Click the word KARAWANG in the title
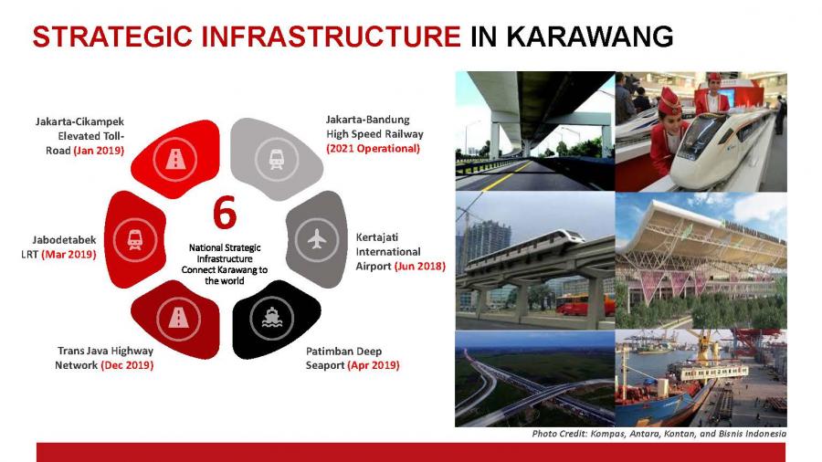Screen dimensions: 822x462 coord(590,37)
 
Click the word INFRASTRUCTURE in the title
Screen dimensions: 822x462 coord(331,37)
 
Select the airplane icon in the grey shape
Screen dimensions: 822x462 coord(317,239)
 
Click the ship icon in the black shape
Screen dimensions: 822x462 coord(272,318)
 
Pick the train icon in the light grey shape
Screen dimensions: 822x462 coord(276,159)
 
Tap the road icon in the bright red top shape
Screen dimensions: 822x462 coord(175,159)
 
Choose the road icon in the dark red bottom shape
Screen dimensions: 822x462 coord(178,318)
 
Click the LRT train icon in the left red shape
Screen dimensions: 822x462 coord(135,239)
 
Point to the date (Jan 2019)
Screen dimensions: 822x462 coord(99,151)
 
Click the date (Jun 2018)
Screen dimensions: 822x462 coord(420,266)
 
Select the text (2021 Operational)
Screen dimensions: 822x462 coord(374,148)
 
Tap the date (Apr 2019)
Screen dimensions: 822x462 coord(374,365)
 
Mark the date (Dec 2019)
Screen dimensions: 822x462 coord(127,365)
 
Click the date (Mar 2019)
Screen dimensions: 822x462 coord(68,255)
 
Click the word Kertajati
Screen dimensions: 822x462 coord(377,237)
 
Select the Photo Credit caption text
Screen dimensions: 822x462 coord(659,434)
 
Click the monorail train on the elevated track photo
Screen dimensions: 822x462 coord(524,249)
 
